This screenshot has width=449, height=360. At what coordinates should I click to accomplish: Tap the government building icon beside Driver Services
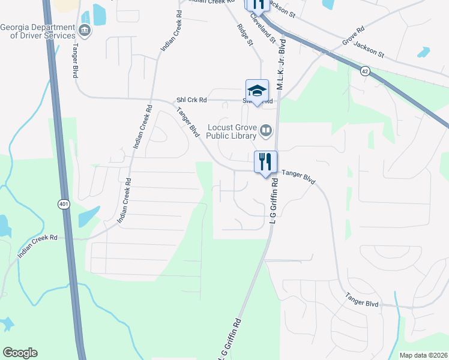point(85,30)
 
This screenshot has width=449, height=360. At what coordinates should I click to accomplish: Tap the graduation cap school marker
point(257,91)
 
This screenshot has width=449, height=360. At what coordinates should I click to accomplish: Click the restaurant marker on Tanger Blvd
point(265,161)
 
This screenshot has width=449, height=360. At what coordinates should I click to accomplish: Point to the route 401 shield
point(64,205)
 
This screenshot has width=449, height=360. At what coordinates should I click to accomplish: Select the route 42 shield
point(365,71)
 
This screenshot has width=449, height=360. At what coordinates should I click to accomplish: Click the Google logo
point(20,353)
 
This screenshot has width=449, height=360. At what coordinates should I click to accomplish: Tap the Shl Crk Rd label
point(191,100)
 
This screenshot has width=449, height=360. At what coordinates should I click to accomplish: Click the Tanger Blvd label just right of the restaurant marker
point(298,176)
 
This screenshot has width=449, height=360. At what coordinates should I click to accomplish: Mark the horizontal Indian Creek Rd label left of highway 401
point(37,246)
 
